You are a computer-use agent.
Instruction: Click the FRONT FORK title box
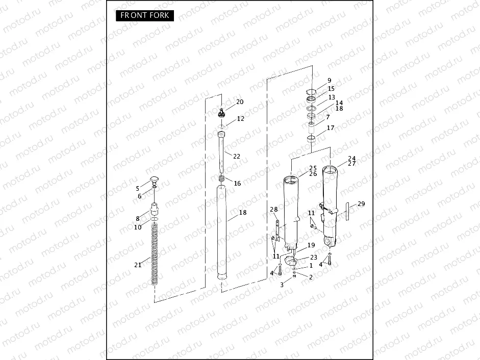144,15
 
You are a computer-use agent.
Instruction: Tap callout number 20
240,102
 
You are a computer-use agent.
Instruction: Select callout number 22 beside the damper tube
236,156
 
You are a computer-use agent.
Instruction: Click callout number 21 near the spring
138,265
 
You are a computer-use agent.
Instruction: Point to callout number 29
361,204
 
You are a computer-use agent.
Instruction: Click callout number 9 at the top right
329,81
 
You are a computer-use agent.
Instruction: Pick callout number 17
331,128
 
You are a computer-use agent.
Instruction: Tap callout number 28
274,210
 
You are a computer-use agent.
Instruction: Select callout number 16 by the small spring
237,184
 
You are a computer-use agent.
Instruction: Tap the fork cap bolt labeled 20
222,112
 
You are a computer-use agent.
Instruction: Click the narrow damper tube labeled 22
222,153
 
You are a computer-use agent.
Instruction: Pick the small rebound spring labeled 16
222,180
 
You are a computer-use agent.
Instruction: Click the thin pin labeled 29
347,211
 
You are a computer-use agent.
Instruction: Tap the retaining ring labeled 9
311,92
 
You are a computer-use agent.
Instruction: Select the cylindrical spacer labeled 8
154,210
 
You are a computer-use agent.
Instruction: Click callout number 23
313,258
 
